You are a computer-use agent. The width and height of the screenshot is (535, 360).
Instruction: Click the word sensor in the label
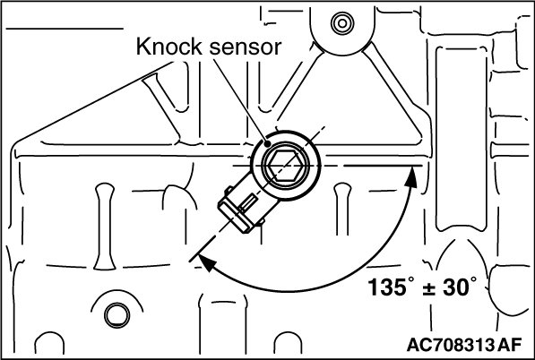[246, 47]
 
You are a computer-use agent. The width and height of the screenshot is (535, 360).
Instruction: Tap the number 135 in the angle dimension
[387, 287]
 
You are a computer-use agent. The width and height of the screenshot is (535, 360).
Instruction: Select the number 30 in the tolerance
[456, 287]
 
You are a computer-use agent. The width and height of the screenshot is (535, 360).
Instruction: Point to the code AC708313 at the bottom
[451, 345]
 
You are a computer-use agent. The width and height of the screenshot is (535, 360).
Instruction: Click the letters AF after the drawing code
[509, 345]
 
